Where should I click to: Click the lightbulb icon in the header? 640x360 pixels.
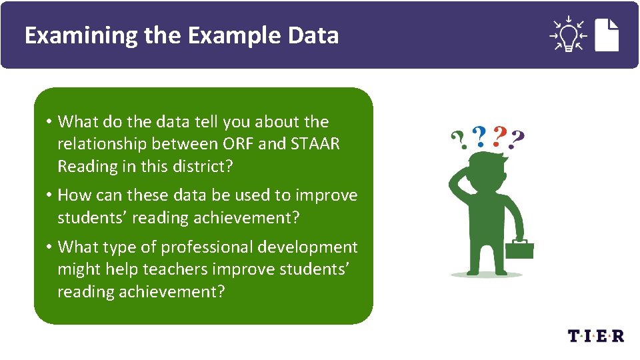pyautogui.click(x=567, y=35)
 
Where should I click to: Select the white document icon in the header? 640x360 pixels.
pyautogui.click(x=607, y=35)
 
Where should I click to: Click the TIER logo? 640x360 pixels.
pyautogui.click(x=596, y=335)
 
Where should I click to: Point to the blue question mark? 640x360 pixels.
pyautogui.click(x=479, y=137)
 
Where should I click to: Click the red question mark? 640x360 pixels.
pyautogui.click(x=497, y=137)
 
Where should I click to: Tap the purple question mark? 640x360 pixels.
pyautogui.click(x=516, y=139)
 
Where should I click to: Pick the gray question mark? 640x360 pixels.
pyautogui.click(x=459, y=140)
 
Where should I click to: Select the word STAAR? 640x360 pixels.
pyautogui.click(x=315, y=144)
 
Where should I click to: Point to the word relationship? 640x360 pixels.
pyautogui.click(x=103, y=144)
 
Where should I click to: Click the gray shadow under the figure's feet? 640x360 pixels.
pyautogui.click(x=487, y=274)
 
